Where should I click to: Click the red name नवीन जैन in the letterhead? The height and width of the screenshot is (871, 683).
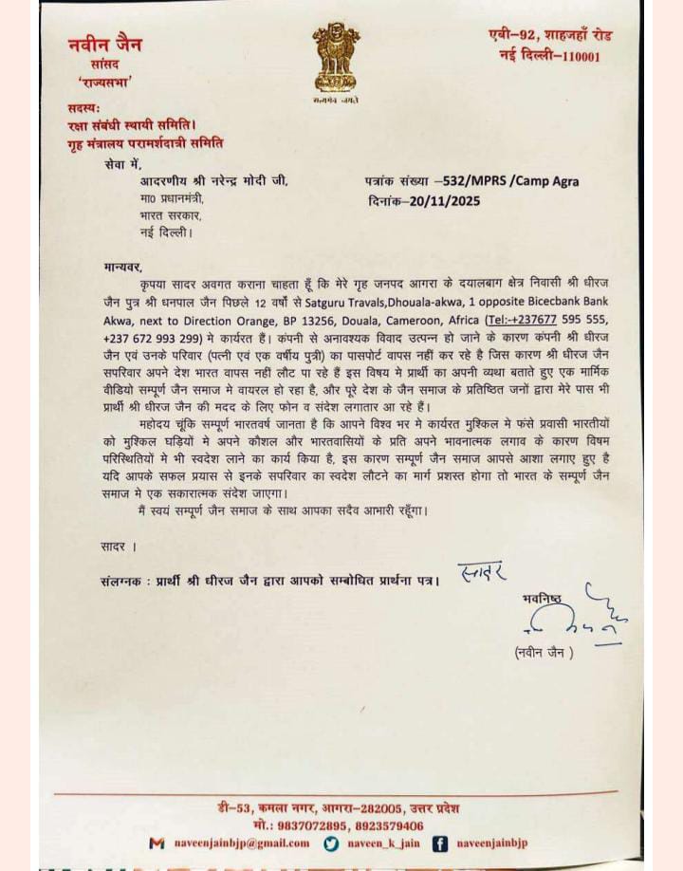coord(103,44)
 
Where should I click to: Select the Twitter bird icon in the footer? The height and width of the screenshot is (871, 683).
coord(330,843)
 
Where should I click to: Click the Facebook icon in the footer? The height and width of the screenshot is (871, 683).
coord(440,843)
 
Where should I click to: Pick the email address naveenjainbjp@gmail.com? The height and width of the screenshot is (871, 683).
coord(241,843)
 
